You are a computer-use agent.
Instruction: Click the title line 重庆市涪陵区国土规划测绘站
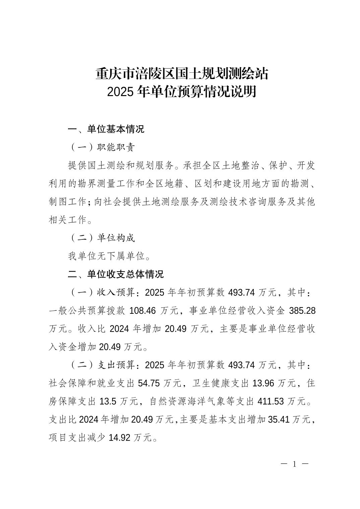(182, 74)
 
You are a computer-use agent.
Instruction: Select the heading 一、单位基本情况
(106, 129)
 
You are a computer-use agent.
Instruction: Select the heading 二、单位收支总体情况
(116, 275)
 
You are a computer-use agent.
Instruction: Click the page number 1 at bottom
(295, 464)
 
